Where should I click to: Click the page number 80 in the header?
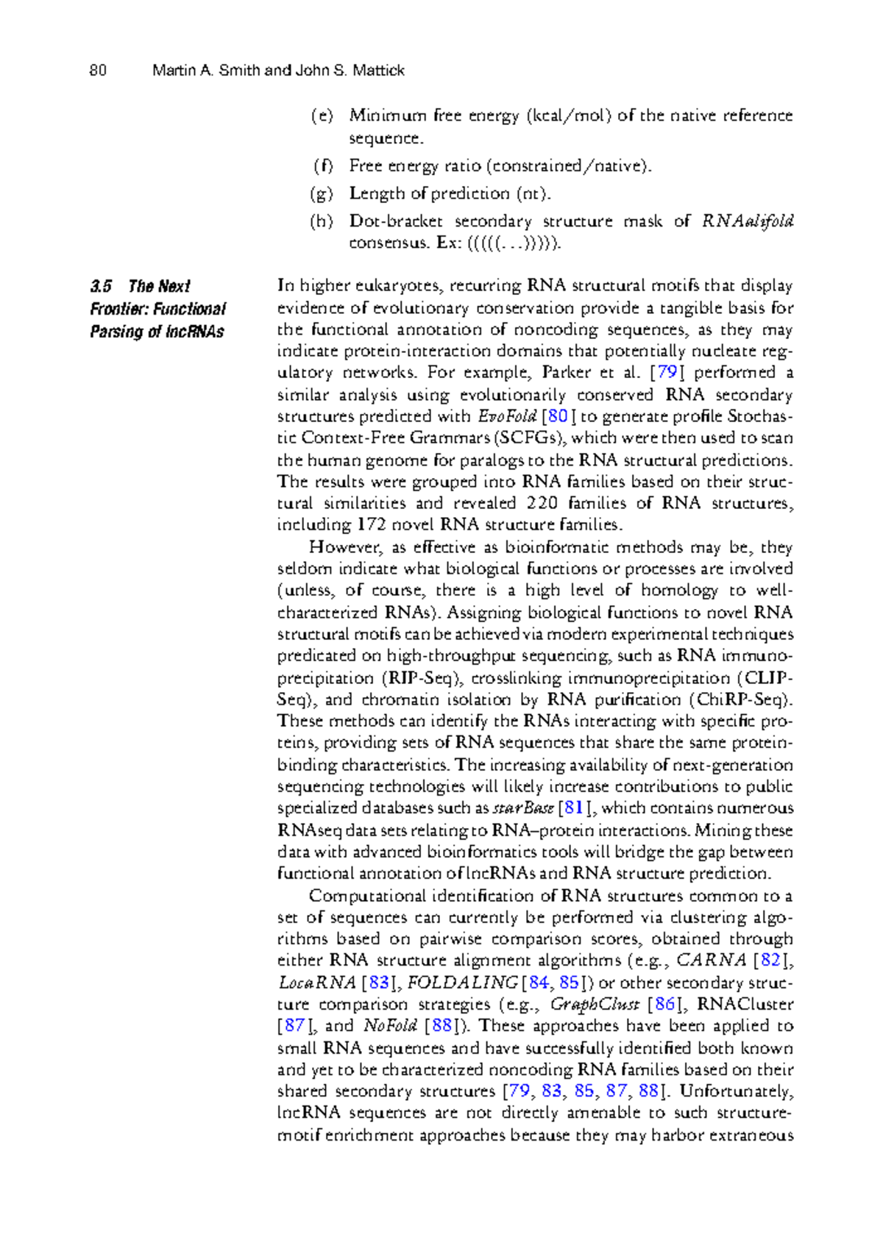(x=98, y=71)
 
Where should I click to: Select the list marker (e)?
(x=322, y=115)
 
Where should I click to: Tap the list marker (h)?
(x=322, y=221)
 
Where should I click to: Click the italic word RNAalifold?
(x=747, y=221)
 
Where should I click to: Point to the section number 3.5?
(x=101, y=286)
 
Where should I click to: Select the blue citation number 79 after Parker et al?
(x=667, y=373)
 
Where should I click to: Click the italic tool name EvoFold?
(x=508, y=416)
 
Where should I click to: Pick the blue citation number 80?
(x=558, y=416)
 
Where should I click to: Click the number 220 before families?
(x=542, y=504)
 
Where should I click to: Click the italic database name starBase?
(x=522, y=808)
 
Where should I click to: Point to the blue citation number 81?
(x=573, y=808)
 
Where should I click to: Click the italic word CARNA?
(x=711, y=960)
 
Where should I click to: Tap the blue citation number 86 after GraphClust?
(x=664, y=1005)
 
